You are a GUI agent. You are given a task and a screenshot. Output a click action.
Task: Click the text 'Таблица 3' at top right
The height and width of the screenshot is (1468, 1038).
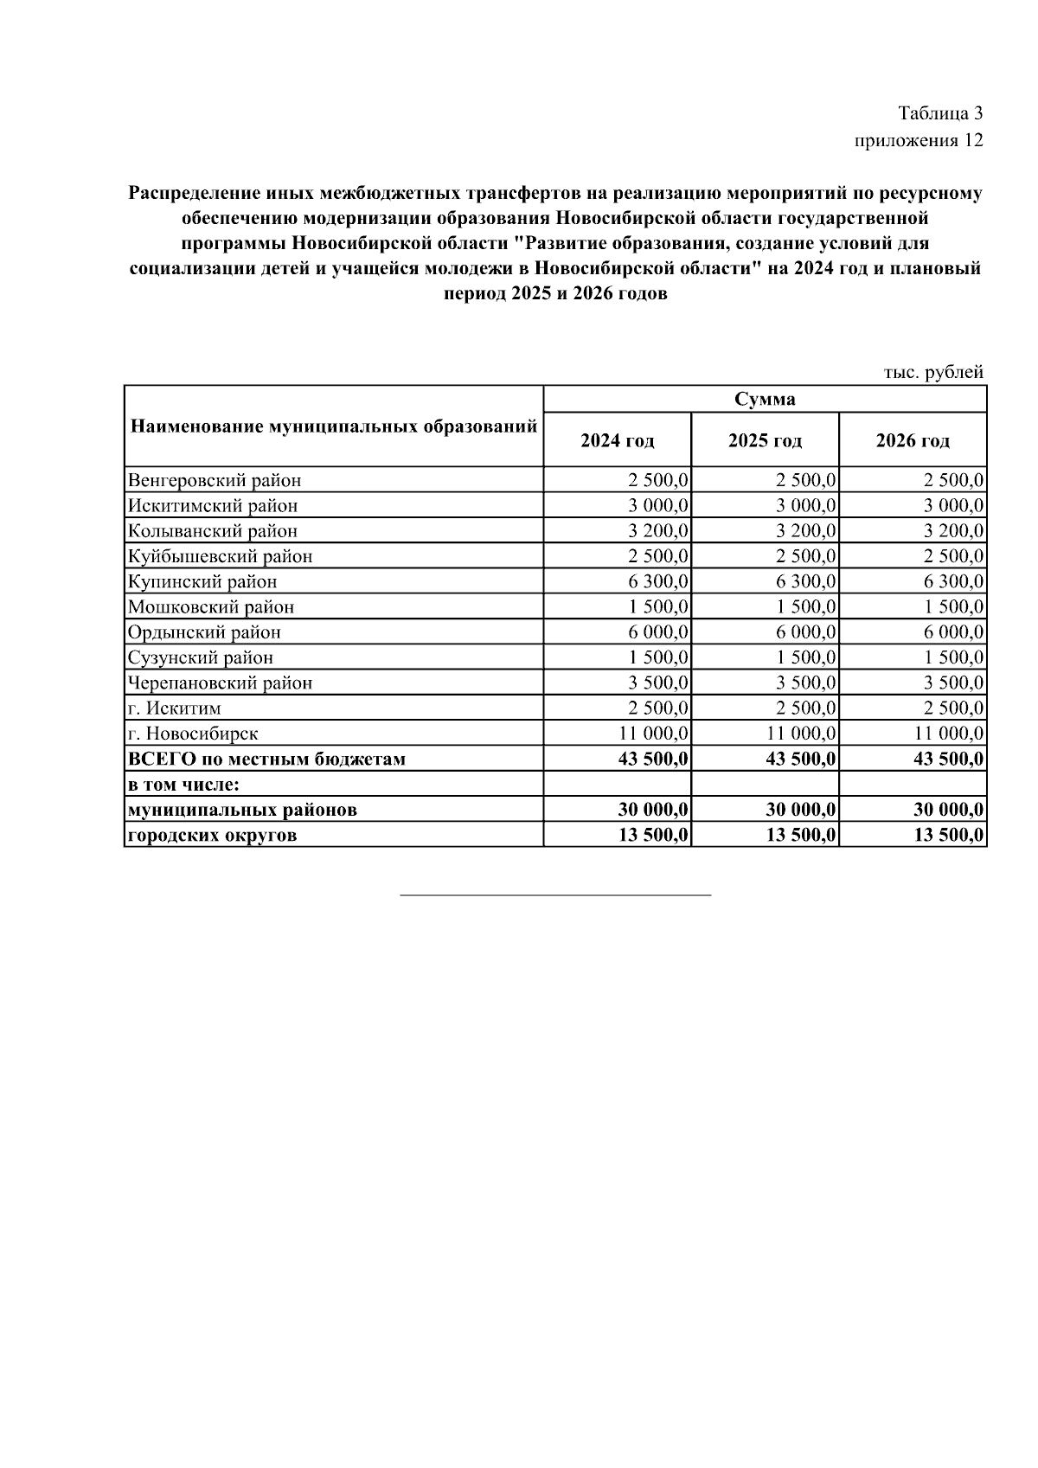coord(940,113)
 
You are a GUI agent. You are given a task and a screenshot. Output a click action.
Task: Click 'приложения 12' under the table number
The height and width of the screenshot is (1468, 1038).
coord(919,140)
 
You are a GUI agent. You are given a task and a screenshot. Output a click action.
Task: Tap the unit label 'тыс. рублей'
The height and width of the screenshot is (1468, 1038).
coord(933,372)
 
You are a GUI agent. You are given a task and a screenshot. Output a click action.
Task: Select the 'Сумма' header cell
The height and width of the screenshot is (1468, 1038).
coord(765,399)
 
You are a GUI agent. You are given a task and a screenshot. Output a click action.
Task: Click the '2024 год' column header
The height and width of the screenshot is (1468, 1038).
coord(617,440)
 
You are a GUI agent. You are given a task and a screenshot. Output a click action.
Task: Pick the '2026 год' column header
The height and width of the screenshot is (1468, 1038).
coord(913,440)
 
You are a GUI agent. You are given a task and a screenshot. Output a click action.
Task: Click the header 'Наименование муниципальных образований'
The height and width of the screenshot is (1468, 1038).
coord(334,426)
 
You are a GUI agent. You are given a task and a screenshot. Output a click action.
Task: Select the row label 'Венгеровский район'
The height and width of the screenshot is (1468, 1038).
coord(215,480)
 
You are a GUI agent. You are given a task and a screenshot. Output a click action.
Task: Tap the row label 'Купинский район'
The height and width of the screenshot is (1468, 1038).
coord(202,581)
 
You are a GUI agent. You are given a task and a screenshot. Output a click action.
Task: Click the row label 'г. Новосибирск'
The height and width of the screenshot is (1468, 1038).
coord(193,734)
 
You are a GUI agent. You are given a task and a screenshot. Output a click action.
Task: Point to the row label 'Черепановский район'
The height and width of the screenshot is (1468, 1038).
coord(220,683)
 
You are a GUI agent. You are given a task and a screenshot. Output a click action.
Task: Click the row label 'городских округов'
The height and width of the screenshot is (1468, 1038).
coord(212,835)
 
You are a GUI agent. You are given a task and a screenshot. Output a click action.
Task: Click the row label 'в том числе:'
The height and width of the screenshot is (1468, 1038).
coord(183,785)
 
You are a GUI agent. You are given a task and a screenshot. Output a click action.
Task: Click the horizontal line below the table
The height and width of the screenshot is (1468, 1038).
coord(555,894)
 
